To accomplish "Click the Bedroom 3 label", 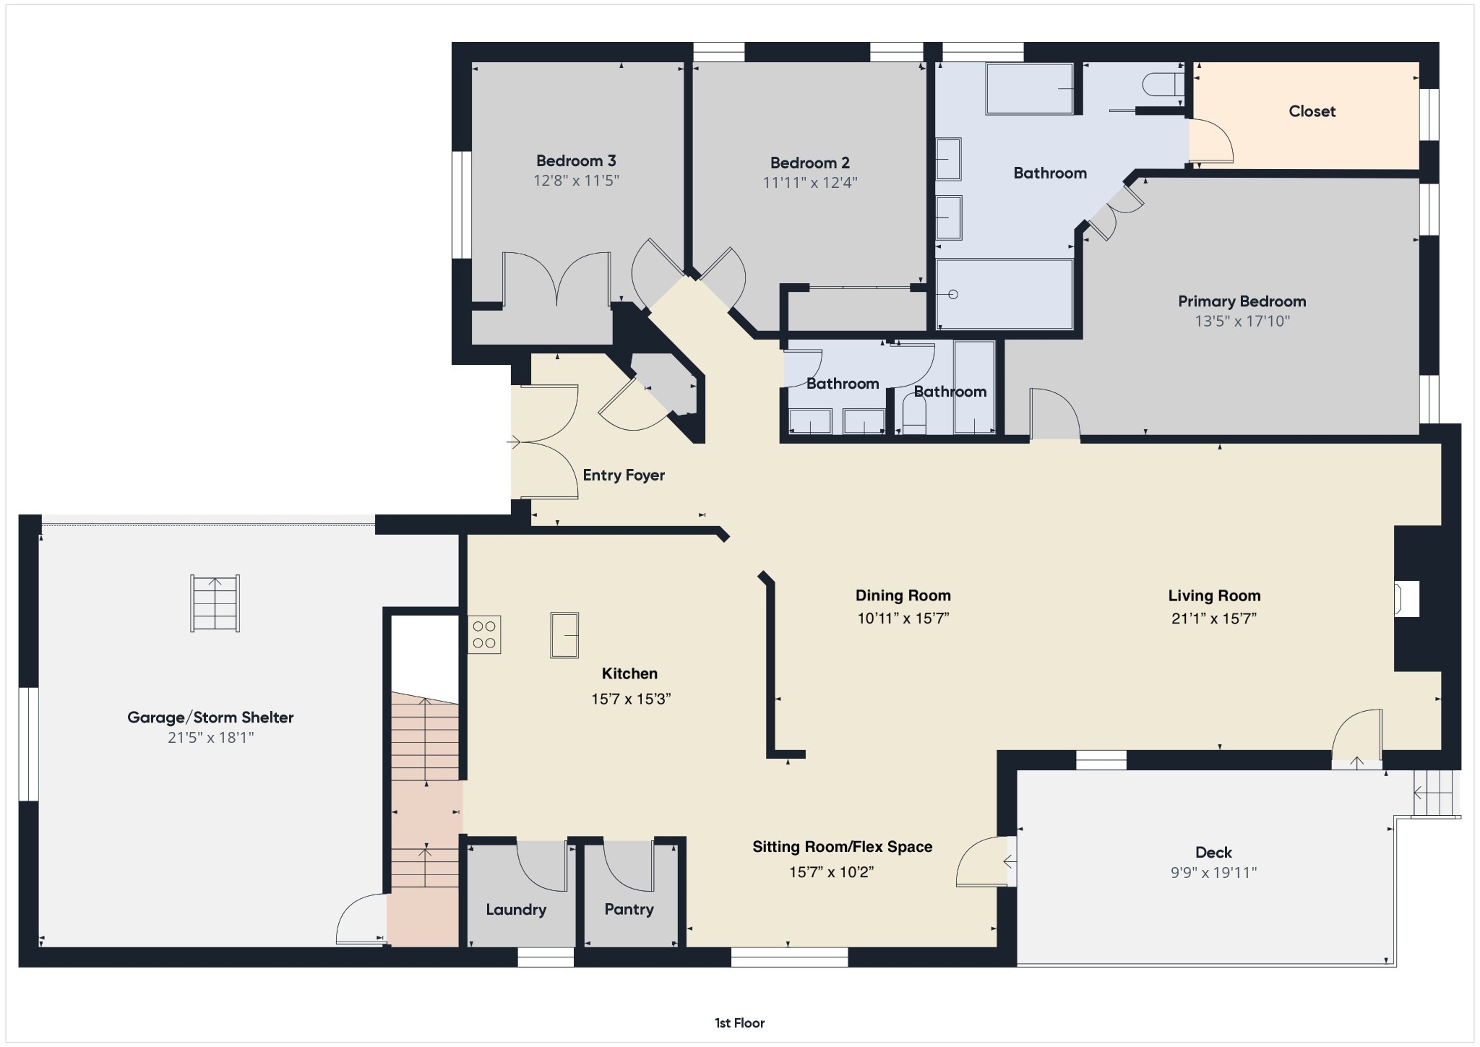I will click(576, 160).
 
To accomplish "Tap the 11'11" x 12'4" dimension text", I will click(809, 183).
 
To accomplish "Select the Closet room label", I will click(1312, 111).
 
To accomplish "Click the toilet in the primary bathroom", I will click(1161, 85).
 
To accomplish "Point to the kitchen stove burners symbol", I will click(484, 634).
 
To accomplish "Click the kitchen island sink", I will click(564, 634).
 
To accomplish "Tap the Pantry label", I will click(629, 909).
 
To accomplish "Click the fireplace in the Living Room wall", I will click(1406, 599).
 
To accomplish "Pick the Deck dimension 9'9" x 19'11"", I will click(1213, 872).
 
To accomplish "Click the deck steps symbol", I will click(1433, 793).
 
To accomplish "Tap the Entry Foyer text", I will click(624, 475).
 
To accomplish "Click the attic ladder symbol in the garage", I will click(215, 603).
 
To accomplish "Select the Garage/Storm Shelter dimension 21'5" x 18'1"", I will click(210, 738).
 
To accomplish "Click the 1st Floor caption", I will click(739, 1022).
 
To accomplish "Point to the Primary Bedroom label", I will click(1242, 301).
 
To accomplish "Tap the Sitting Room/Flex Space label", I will click(842, 847).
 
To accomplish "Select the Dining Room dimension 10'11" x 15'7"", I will click(903, 618).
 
